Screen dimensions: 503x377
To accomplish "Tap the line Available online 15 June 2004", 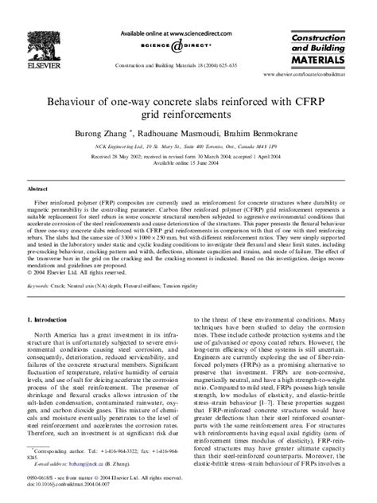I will coord(188,170).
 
